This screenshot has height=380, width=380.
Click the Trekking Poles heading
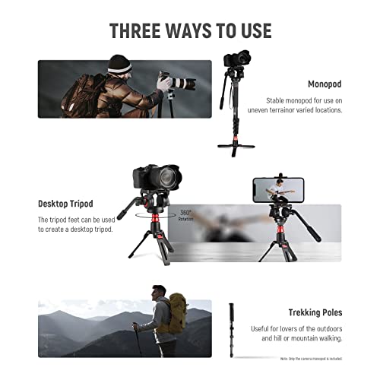315,312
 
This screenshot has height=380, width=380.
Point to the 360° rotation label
187,214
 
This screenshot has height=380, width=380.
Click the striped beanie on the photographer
120,63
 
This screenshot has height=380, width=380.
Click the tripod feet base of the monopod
236,146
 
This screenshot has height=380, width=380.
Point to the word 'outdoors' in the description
324,328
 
